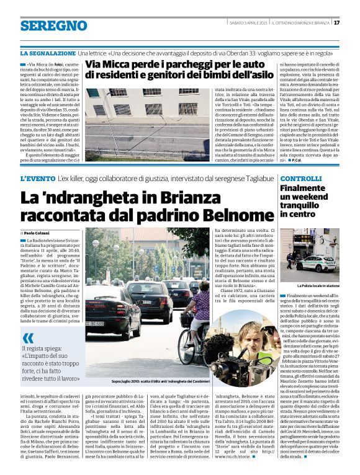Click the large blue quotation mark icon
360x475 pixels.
28,339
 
